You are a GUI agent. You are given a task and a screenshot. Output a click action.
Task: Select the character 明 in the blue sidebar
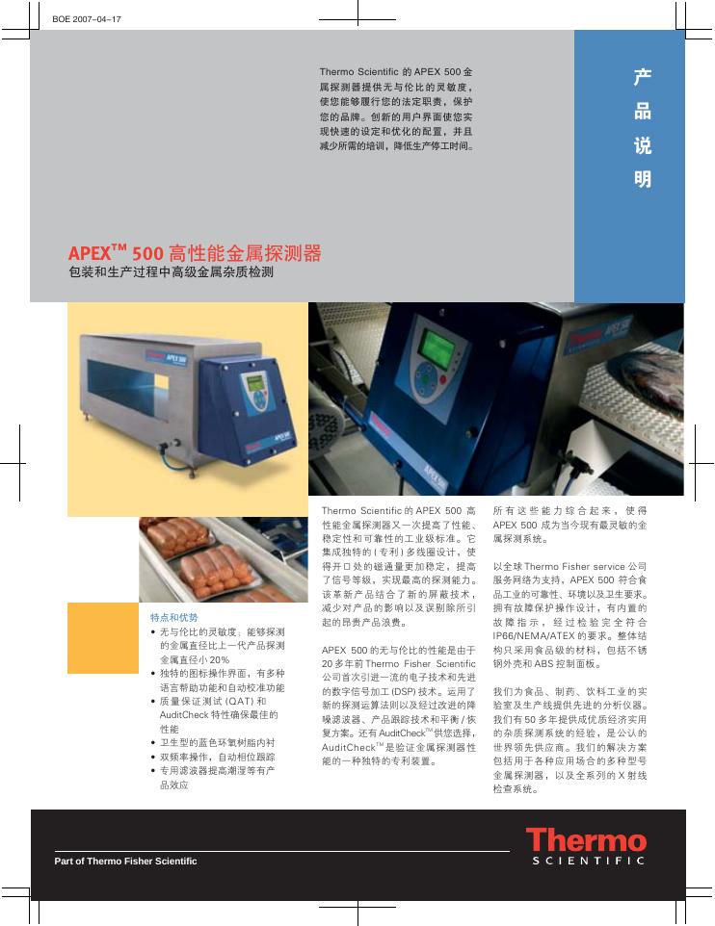coord(643,179)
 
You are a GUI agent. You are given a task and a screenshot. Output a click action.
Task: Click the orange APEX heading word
coord(91,255)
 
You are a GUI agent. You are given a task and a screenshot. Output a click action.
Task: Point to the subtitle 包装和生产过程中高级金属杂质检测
coord(172,273)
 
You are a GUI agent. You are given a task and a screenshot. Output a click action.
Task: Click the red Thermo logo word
coord(586,841)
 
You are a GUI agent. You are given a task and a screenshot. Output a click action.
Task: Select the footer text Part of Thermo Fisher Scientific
coord(125,861)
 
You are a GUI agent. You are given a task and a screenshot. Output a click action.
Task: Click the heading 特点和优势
coord(174,616)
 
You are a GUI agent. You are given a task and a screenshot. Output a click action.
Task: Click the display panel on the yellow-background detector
coord(257,383)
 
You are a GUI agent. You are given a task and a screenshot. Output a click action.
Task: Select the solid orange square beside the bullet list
coord(103,637)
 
